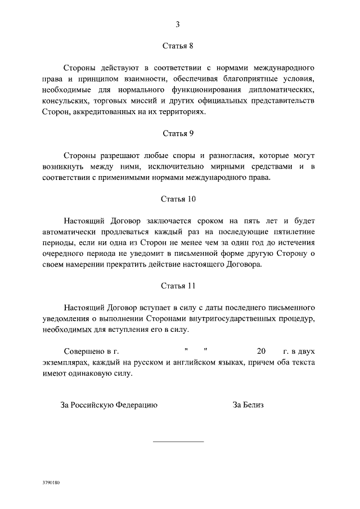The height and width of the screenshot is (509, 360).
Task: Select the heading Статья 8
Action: (178, 47)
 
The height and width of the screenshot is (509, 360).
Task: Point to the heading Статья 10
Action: (178, 199)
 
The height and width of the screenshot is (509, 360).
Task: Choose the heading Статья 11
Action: (178, 286)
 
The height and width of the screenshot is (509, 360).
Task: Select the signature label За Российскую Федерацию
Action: (109, 404)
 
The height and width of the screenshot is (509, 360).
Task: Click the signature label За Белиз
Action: (248, 404)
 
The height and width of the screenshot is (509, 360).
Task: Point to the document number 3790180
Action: (51, 483)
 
